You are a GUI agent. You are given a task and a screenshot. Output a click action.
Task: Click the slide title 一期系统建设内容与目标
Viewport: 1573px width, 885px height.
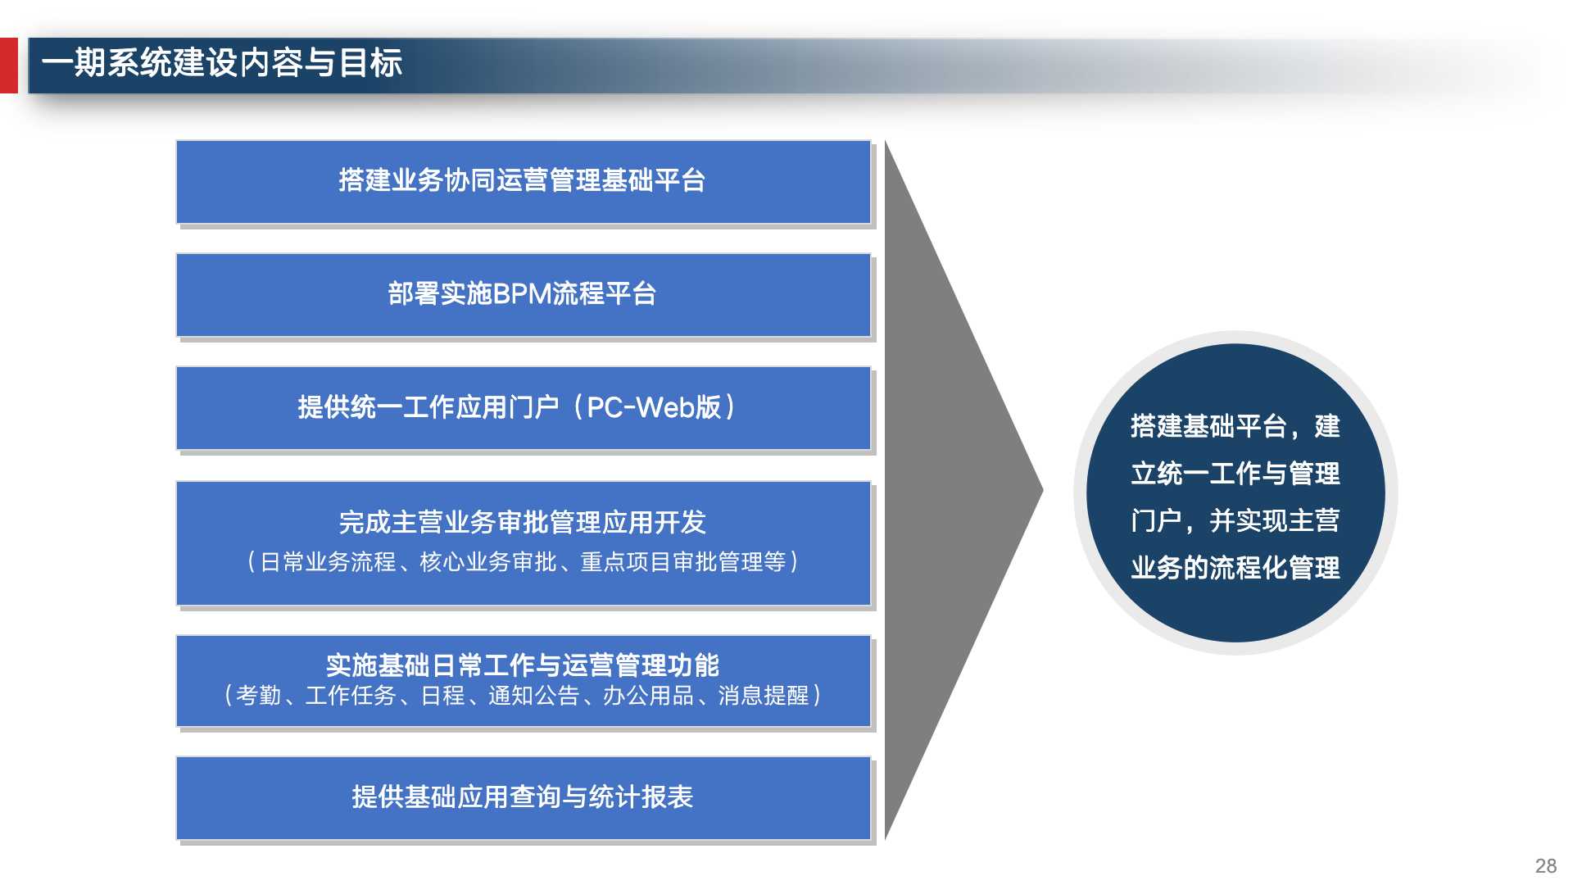click(x=221, y=63)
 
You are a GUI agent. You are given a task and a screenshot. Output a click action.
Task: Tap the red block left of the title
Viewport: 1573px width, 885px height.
click(x=8, y=66)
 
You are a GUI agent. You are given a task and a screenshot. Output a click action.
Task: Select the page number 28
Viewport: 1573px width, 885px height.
click(x=1545, y=866)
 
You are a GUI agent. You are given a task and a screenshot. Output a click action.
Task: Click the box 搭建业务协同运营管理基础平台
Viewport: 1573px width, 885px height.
click(x=523, y=181)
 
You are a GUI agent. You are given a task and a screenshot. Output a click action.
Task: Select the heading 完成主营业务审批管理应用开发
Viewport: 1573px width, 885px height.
click(x=523, y=522)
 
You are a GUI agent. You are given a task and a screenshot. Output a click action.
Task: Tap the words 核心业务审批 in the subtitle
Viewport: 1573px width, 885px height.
click(x=488, y=562)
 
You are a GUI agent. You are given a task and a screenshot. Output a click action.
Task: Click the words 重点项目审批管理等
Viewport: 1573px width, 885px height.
click(x=683, y=562)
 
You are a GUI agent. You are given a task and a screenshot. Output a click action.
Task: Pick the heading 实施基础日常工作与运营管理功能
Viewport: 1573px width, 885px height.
click(x=523, y=665)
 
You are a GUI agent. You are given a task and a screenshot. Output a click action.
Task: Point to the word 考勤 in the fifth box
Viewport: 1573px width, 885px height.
click(x=258, y=696)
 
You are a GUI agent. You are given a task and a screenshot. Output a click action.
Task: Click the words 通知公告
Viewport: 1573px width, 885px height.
click(x=533, y=696)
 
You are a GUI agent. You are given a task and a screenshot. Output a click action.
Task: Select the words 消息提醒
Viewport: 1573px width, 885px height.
click(x=763, y=696)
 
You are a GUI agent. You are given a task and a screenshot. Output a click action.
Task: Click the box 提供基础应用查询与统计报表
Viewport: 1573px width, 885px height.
click(x=523, y=797)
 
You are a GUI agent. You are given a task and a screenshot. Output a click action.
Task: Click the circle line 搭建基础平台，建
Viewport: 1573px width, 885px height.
click(x=1235, y=426)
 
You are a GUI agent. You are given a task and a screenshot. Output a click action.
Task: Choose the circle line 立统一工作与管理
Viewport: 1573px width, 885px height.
click(x=1235, y=474)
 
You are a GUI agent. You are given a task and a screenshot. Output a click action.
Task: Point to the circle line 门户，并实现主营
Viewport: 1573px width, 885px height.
click(x=1235, y=520)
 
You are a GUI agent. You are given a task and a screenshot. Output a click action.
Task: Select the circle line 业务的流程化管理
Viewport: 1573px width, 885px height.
click(x=1235, y=568)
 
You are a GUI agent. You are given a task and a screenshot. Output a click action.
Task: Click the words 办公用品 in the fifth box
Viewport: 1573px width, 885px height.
click(x=648, y=696)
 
